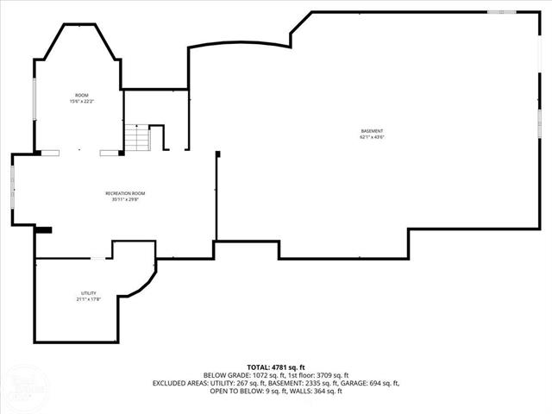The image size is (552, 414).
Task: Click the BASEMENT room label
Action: pyautogui.click(x=372, y=131)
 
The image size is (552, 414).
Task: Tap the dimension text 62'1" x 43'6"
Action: pyautogui.click(x=372, y=137)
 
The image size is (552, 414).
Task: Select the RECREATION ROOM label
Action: pyautogui.click(x=125, y=193)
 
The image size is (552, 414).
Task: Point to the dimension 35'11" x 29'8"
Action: pyautogui.click(x=125, y=199)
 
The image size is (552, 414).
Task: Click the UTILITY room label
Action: pyautogui.click(x=88, y=293)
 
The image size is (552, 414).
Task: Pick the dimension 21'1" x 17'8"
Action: pyautogui.click(x=88, y=299)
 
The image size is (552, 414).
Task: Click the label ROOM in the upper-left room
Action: pyautogui.click(x=82, y=95)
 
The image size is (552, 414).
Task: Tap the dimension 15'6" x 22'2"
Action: pyautogui.click(x=82, y=102)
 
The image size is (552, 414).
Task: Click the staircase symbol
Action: pyautogui.click(x=136, y=136)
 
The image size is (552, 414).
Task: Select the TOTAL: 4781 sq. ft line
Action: pyautogui.click(x=276, y=367)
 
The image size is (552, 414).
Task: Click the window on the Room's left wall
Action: pyautogui.click(x=34, y=100)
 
